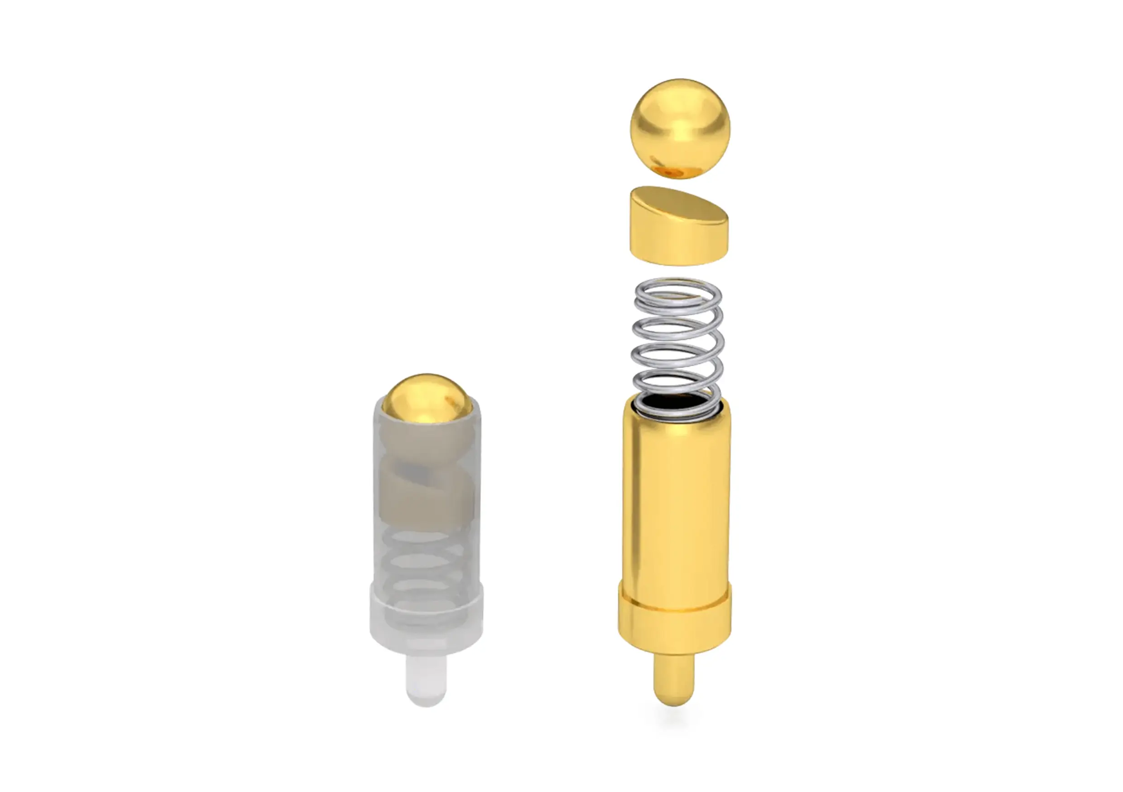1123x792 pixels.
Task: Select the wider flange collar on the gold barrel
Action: point(675,624)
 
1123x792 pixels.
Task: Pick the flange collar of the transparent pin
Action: point(426,622)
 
